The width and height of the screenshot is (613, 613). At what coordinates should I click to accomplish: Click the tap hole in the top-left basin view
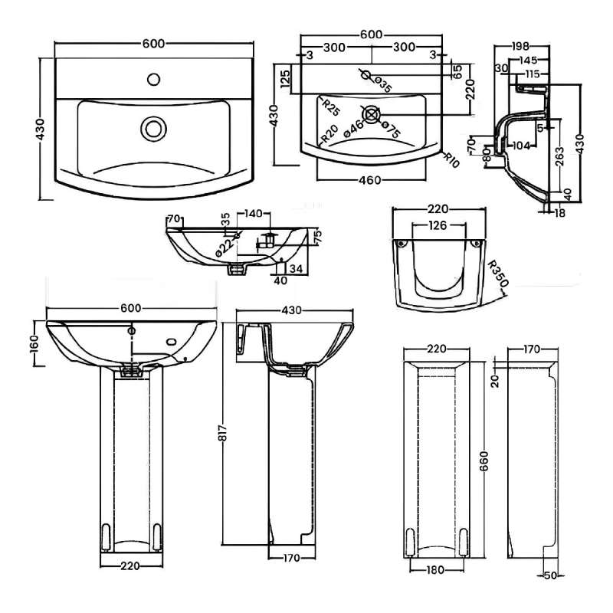coord(154,77)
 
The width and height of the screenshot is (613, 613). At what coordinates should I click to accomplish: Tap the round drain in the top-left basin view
coord(153,126)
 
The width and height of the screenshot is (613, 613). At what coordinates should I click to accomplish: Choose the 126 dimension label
coord(439,225)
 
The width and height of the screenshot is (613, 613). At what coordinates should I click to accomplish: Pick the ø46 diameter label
coord(354,128)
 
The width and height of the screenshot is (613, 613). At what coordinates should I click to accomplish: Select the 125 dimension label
coord(285,78)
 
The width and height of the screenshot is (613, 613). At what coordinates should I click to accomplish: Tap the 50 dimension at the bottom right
coord(549,575)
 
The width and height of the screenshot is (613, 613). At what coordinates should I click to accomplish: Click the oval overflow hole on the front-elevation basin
coord(172,343)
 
